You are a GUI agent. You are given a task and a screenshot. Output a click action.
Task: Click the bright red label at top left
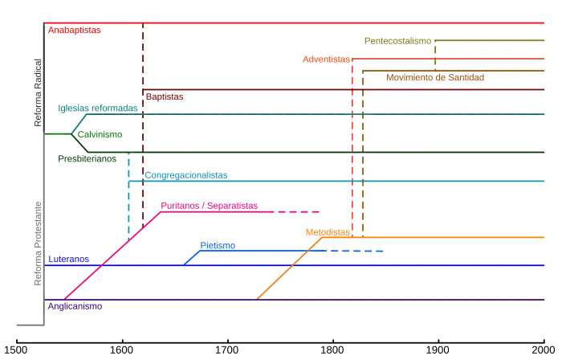pyautogui.click(x=74, y=31)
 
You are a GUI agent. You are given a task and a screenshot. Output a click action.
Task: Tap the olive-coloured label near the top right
pyautogui.click(x=397, y=39)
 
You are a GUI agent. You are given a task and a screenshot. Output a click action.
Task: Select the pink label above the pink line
pyautogui.click(x=210, y=206)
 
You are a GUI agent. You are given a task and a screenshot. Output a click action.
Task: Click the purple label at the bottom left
pyautogui.click(x=74, y=306)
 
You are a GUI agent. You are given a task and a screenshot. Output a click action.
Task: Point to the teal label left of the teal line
pyautogui.click(x=98, y=108)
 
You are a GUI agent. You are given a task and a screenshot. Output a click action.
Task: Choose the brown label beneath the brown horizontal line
pyautogui.click(x=436, y=78)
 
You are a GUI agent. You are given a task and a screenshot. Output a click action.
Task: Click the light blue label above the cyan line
pyautogui.click(x=186, y=174)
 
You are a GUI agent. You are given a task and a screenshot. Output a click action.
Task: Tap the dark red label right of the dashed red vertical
pyautogui.click(x=165, y=97)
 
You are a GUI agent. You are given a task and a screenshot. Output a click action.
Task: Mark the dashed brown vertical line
pyautogui.click(x=362, y=161)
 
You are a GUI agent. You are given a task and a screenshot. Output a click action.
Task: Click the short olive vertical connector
pyautogui.click(x=434, y=55)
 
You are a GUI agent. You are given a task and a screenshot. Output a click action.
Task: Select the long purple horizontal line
pyautogui.click(x=321, y=299)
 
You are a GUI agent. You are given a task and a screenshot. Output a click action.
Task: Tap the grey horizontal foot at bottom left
pyautogui.click(x=27, y=325)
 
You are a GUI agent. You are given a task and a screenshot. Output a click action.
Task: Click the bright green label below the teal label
pyautogui.click(x=98, y=135)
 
